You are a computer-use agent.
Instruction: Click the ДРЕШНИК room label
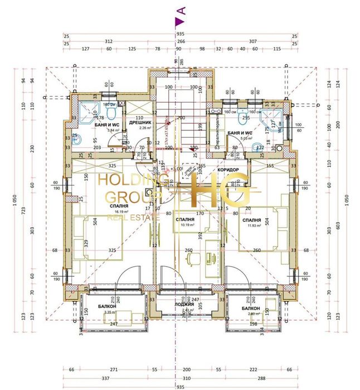pyautogui.click(x=137, y=121)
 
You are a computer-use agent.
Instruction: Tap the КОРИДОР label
pyautogui.click(x=228, y=169)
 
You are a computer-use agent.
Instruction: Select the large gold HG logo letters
pyautogui.click(x=219, y=191)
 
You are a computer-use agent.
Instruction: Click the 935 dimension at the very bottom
pyautogui.click(x=179, y=386)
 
